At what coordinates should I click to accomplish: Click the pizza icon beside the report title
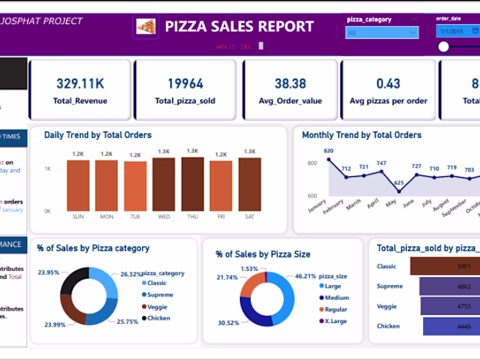point(145,27)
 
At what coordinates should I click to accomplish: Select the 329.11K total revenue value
point(80,83)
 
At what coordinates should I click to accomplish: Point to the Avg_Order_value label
point(290,101)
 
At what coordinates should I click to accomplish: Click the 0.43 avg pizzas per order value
point(388,83)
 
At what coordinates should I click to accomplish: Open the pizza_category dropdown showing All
point(382,32)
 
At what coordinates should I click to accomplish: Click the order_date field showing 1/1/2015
point(457,32)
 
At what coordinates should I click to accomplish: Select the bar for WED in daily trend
point(164,184)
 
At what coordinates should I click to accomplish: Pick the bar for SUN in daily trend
point(78,185)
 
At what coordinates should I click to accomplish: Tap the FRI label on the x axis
point(221,217)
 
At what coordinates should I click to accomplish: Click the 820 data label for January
point(328,151)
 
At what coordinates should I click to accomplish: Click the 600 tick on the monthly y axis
point(312,196)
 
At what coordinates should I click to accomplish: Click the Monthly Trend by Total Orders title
point(361,135)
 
